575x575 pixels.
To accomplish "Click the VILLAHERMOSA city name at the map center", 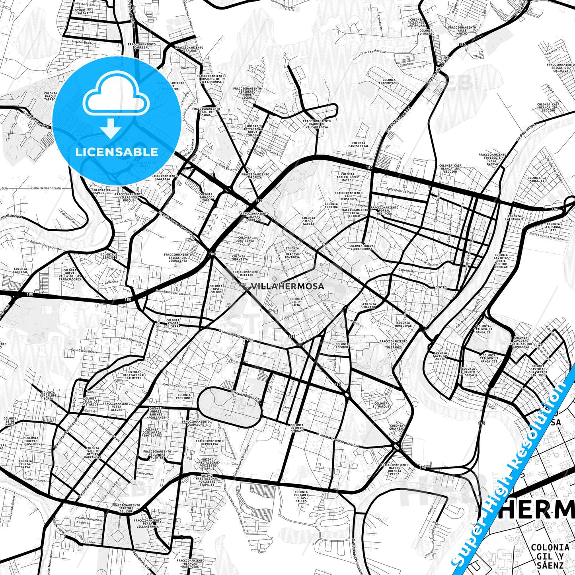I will (x=287, y=286).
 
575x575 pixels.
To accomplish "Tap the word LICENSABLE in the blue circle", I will (x=117, y=152).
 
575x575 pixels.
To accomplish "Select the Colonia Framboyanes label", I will (x=389, y=82).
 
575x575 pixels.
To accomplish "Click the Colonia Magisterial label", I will (x=358, y=144).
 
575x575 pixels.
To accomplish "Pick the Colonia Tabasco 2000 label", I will (x=206, y=197).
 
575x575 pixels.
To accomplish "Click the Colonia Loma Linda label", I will (x=244, y=239).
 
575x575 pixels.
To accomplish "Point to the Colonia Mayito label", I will (x=369, y=306).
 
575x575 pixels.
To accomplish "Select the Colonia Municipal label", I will (x=403, y=324).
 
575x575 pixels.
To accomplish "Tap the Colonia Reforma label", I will (x=342, y=346).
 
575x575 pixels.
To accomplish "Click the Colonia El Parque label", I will (x=381, y=405).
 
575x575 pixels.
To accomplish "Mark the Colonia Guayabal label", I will (x=396, y=427).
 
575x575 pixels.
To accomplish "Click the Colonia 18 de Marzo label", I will (x=10, y=421).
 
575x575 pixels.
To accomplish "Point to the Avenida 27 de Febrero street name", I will (x=236, y=335).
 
